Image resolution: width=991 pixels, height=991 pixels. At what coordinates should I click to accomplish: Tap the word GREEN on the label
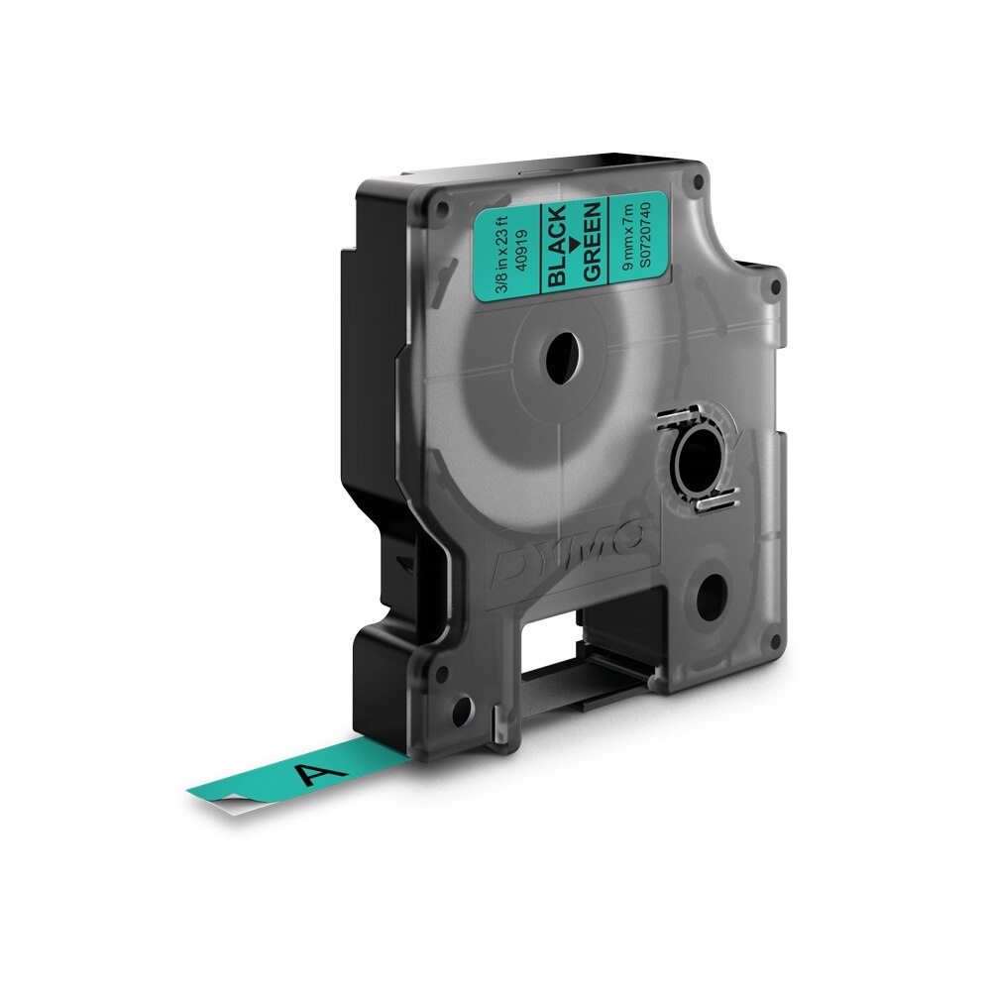pos(592,241)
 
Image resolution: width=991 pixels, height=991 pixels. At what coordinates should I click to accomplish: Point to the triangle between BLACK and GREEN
pos(574,244)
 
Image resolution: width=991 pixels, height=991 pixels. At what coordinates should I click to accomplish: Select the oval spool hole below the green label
pos(562,355)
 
